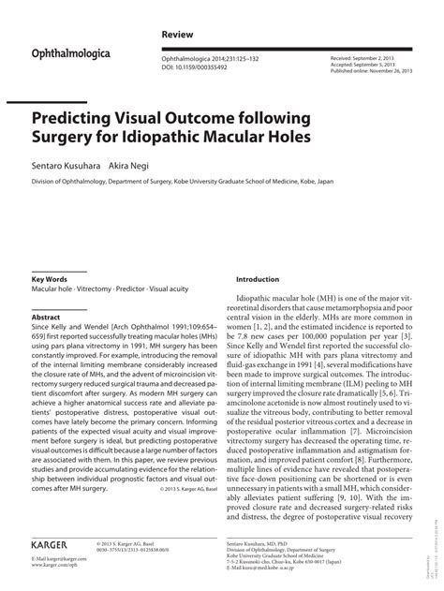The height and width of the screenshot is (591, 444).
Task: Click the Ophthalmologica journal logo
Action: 71,54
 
